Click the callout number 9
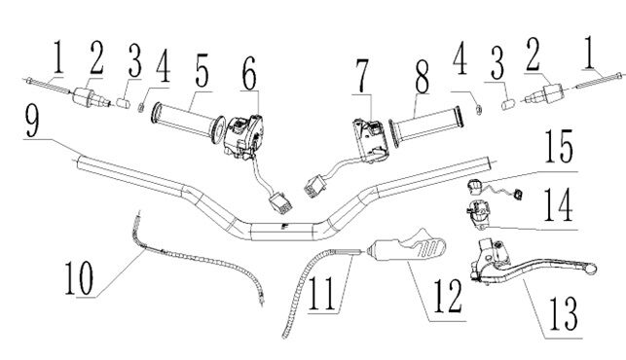32,120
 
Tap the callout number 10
80,277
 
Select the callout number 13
564,313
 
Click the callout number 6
249,73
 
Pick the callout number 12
449,296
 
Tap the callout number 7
362,76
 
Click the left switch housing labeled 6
242,135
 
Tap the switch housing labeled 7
370,140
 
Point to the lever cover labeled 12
407,246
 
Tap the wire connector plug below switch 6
279,201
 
